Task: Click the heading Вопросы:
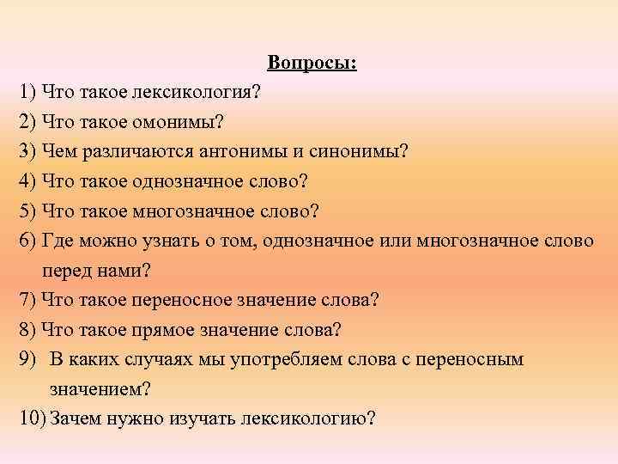(312, 63)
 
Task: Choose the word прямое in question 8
(161, 329)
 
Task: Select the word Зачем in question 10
(75, 418)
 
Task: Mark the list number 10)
(31, 418)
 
